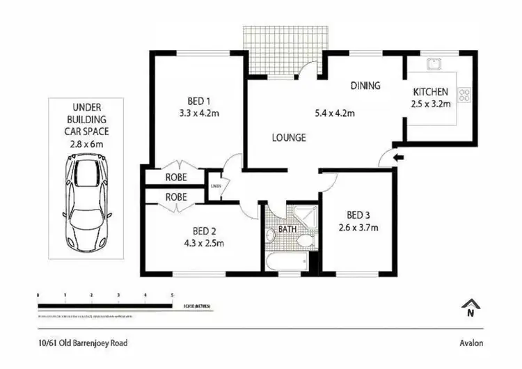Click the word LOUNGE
pyautogui.click(x=289, y=138)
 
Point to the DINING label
pyautogui.click(x=365, y=86)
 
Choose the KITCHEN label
pyautogui.click(x=431, y=93)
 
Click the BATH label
pyautogui.click(x=287, y=228)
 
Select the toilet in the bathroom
pyautogui.click(x=304, y=242)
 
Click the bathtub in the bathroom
pyautogui.click(x=285, y=261)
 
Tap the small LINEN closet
pyautogui.click(x=216, y=186)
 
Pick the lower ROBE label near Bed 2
pyautogui.click(x=176, y=197)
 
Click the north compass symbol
pyautogui.click(x=471, y=308)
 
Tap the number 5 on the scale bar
pyautogui.click(x=172, y=296)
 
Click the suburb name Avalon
pyautogui.click(x=470, y=343)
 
